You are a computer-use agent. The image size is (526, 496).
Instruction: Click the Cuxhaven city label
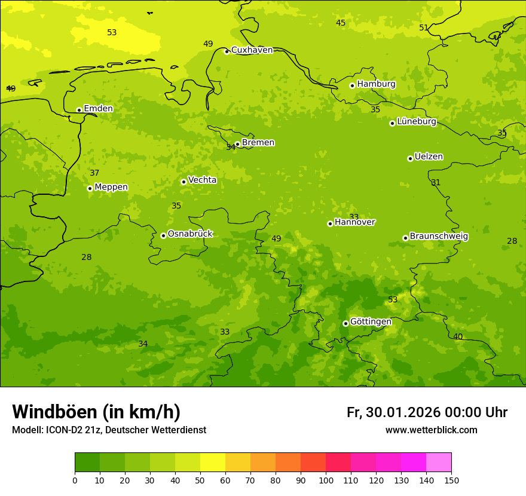point(252,50)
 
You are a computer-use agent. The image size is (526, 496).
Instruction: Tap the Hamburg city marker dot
point(353,85)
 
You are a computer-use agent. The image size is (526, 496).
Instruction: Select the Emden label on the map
point(98,109)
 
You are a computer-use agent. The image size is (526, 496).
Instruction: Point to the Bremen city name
point(258,143)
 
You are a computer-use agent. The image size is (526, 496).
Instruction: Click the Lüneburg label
point(417,122)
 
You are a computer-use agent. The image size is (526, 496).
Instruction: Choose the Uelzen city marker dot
point(410,158)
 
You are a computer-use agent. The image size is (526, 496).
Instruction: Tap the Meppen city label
point(111,187)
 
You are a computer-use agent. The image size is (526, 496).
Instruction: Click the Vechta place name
point(202,180)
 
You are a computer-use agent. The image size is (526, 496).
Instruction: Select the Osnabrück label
point(190,234)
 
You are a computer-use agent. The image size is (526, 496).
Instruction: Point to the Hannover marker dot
point(330,223)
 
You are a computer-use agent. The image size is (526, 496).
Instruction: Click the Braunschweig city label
point(439,237)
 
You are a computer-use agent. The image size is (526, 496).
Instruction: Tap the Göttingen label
point(371,322)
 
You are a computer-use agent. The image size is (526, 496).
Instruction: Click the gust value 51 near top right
point(424,28)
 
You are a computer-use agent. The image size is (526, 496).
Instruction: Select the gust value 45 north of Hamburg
point(341,23)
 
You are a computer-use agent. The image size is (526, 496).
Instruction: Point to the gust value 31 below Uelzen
point(436,183)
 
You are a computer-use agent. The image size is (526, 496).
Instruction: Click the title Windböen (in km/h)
point(96,412)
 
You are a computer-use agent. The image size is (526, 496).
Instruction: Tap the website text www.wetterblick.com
point(431,430)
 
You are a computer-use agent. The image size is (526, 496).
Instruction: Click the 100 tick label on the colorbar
point(326,480)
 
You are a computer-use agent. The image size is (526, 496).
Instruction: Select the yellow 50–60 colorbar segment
point(213,462)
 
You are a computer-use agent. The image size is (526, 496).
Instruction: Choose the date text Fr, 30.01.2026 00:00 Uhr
point(427,412)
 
